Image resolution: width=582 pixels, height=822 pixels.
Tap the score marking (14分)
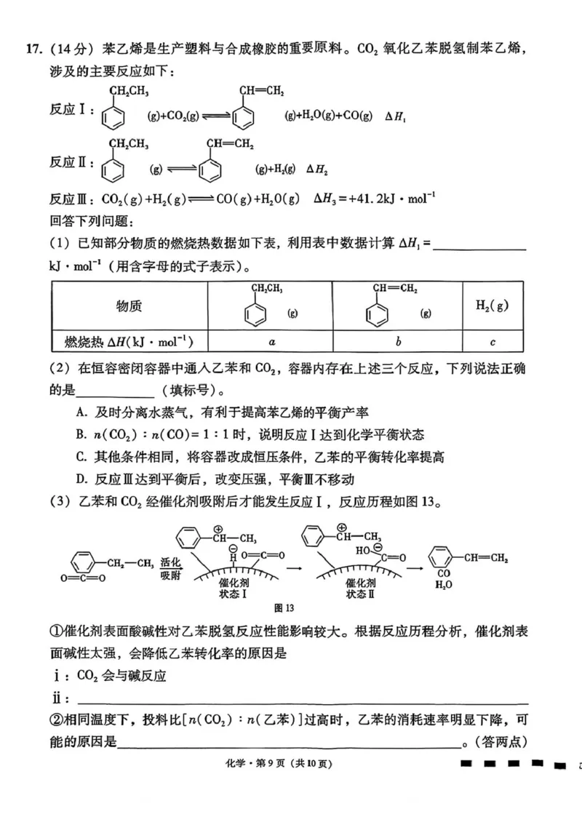click(71, 49)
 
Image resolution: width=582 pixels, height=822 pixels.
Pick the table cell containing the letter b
click(398, 340)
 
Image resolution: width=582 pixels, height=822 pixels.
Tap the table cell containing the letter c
click(493, 340)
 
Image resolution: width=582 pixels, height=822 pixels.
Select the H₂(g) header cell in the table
click(493, 306)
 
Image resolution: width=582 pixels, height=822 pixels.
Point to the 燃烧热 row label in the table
click(129, 340)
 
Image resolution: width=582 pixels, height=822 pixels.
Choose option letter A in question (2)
click(81, 412)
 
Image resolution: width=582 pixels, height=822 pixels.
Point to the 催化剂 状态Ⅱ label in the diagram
click(361, 588)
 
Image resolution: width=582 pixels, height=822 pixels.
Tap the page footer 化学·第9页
click(290, 763)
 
